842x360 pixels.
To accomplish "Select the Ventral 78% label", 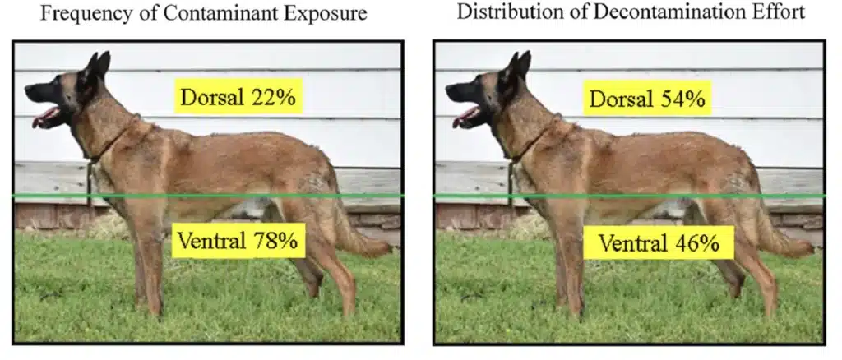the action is pyautogui.click(x=238, y=241).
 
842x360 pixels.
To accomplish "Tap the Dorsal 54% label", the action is pyautogui.click(x=647, y=98).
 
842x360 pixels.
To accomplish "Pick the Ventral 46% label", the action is pyautogui.click(x=659, y=242).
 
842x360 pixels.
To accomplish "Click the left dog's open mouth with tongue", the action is pyautogui.click(x=47, y=117).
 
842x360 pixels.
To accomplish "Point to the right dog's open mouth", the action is pyautogui.click(x=468, y=117).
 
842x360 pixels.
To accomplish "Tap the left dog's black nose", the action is pyautogui.click(x=29, y=92).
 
